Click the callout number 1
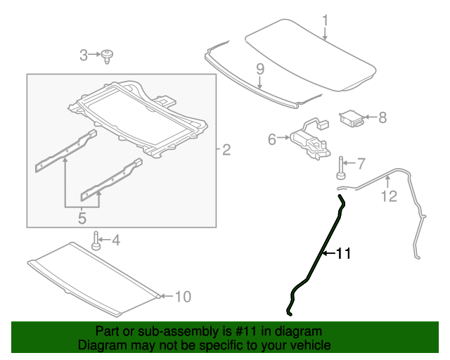point(325,20)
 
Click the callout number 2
point(226,149)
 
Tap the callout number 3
point(84,55)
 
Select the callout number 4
point(115,240)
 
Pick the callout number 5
point(82,219)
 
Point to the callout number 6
point(272,140)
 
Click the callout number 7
point(361,165)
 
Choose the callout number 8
point(382,118)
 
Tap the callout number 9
point(259,69)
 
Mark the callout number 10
point(182,297)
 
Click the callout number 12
point(389,196)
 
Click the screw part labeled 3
point(108,55)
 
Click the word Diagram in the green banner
point(99,346)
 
